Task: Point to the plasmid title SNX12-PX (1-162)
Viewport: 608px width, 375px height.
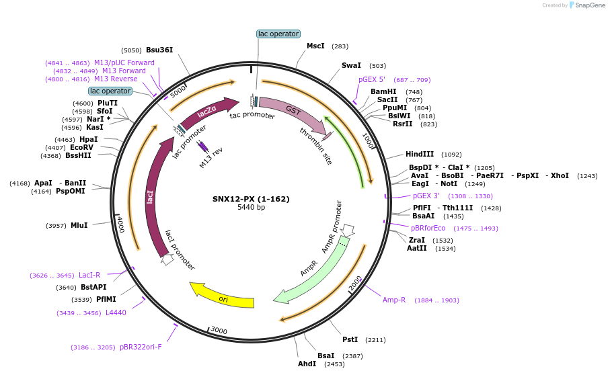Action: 251,198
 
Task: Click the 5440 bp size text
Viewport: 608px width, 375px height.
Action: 251,208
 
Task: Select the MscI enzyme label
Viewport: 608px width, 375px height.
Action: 315,46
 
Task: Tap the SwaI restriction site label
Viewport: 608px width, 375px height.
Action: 351,65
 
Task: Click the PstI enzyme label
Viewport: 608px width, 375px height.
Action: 350,339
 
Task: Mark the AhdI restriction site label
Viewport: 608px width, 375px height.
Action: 307,364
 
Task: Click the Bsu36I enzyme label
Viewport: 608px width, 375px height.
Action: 159,50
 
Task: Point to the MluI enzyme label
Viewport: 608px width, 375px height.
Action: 79,225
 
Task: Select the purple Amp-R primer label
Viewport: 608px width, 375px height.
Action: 394,300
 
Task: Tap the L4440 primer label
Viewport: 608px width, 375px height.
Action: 116,312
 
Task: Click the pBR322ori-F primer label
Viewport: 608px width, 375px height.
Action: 141,347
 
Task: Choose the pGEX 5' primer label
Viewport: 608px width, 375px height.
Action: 372,79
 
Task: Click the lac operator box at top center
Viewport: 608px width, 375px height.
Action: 278,34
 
